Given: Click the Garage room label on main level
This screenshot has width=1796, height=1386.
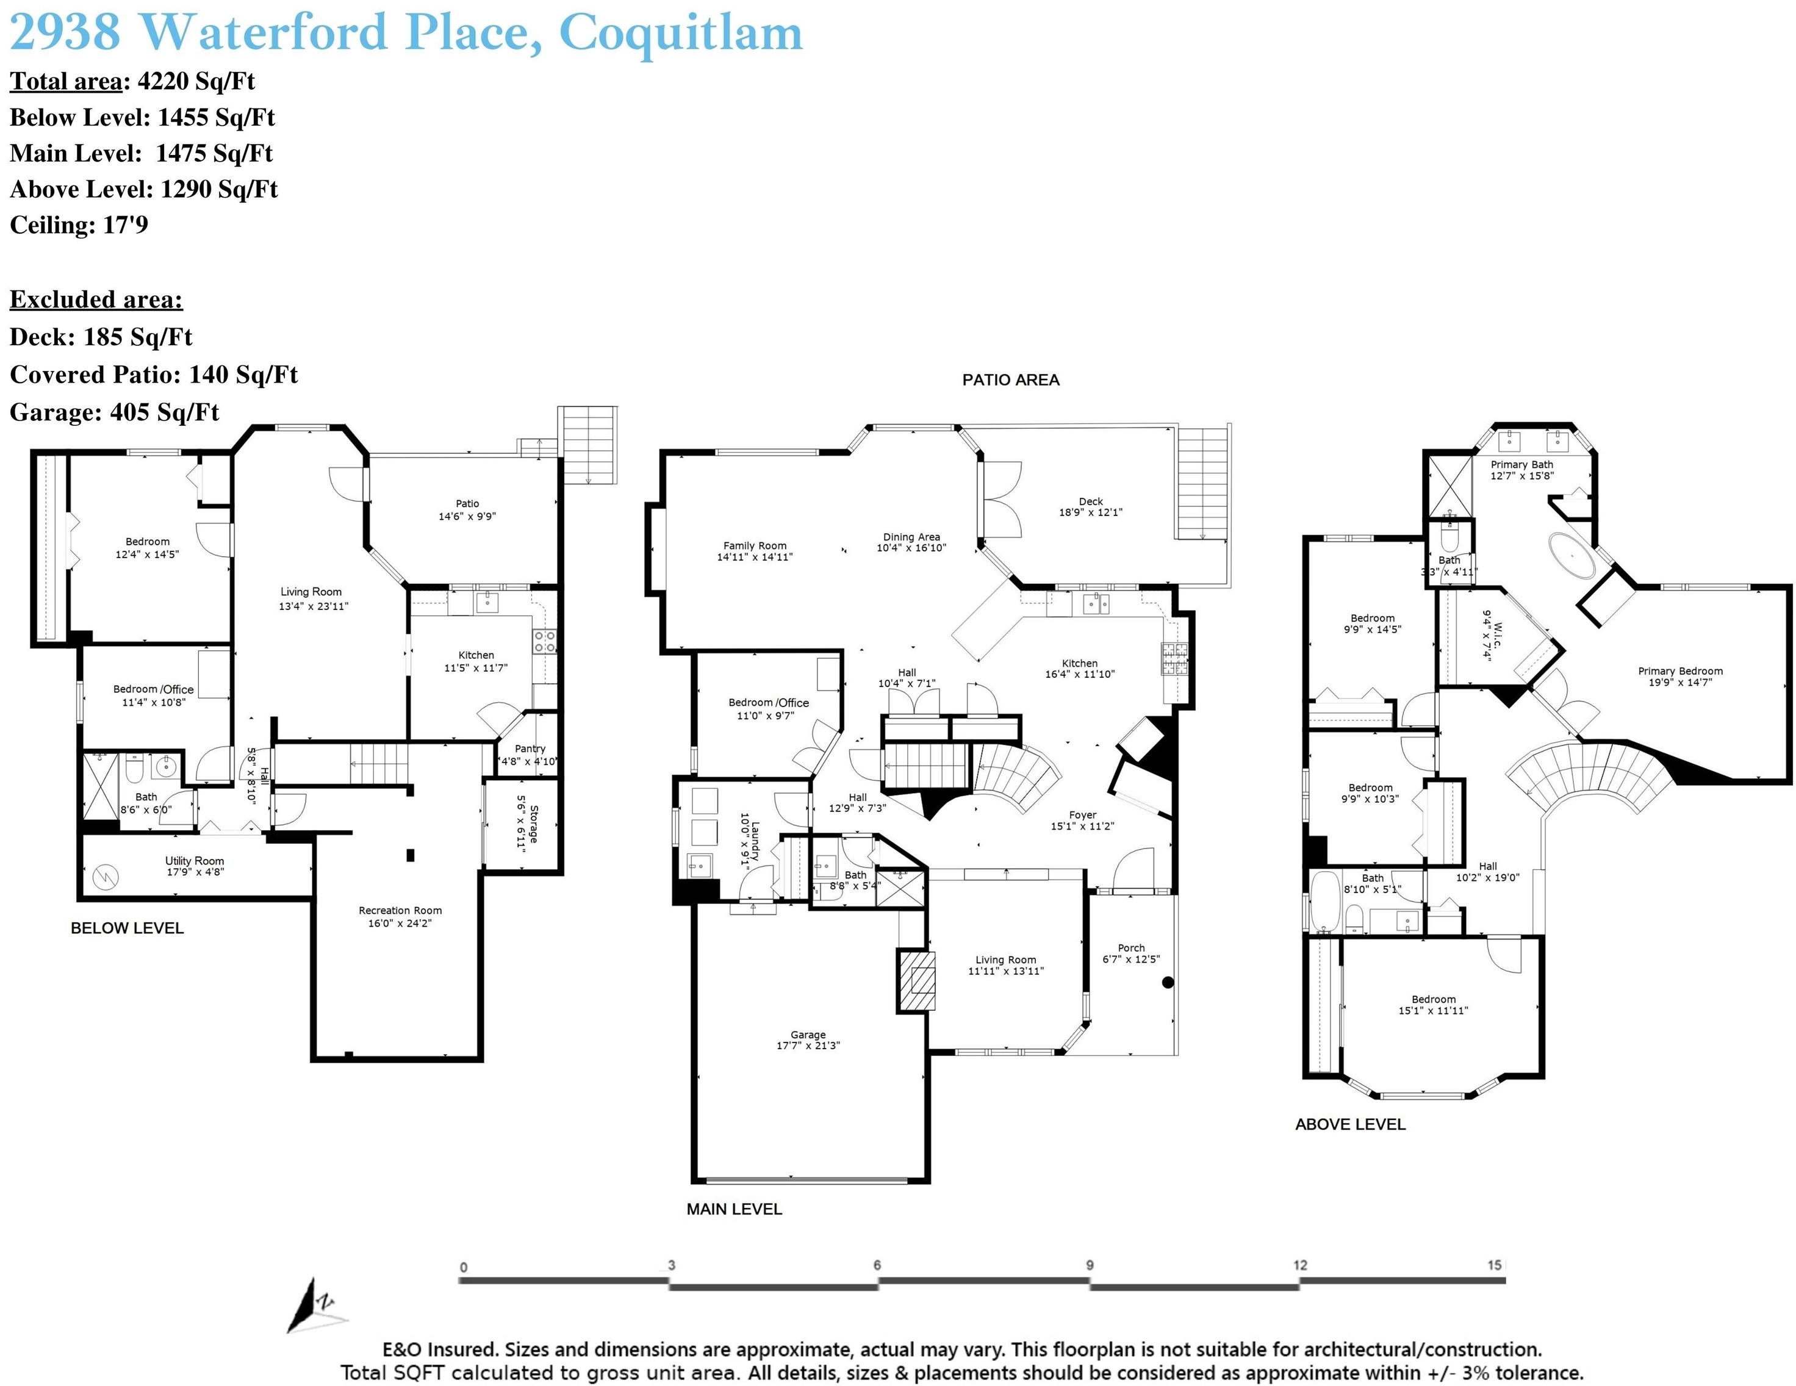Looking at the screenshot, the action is pos(808,1035).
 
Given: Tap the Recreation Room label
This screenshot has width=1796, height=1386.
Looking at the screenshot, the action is pos(400,911).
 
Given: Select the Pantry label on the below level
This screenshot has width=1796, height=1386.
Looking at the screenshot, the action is pos(530,749).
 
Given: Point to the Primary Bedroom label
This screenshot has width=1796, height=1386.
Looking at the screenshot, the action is pos(1680,671).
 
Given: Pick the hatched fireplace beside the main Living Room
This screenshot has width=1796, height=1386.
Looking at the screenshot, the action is pos(917,982).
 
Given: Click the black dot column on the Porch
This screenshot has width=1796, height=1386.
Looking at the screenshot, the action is pos(1168,982).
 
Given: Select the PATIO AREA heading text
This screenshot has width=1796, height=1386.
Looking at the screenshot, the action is pos(1011,380).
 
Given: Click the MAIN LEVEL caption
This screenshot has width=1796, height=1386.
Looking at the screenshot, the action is pos(735,1209).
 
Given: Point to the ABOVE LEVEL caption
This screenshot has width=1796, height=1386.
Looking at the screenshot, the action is pos(1350,1124).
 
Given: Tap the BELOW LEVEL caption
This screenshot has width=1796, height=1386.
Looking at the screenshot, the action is pos(128,928).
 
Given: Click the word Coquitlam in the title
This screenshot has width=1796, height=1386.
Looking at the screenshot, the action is pos(681,33).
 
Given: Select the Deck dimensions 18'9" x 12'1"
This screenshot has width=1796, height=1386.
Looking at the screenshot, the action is pos(1090,512).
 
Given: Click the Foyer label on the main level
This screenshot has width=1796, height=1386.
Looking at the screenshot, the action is pos(1083,815).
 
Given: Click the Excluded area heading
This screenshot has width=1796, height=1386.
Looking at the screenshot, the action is pos(96,300).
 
